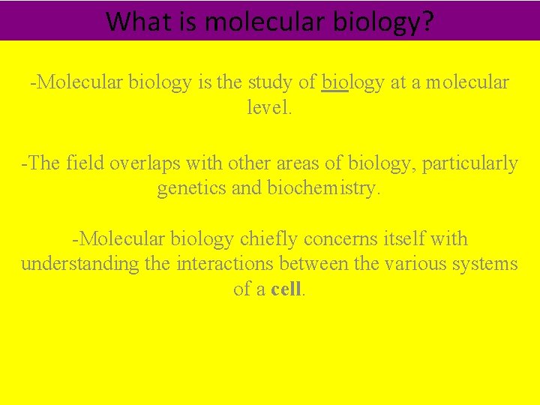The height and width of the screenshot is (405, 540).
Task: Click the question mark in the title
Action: coord(426,21)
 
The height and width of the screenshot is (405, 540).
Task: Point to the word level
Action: coord(269,107)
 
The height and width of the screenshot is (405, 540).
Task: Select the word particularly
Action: coord(470,163)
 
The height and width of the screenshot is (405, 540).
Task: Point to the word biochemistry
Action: coord(324,188)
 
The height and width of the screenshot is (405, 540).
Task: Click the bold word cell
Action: coord(286,289)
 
